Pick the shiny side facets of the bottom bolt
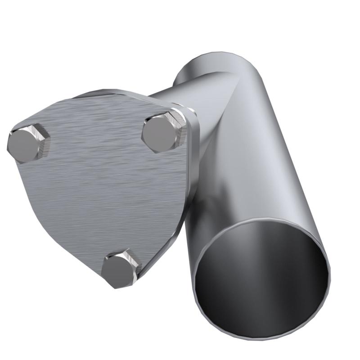133,263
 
